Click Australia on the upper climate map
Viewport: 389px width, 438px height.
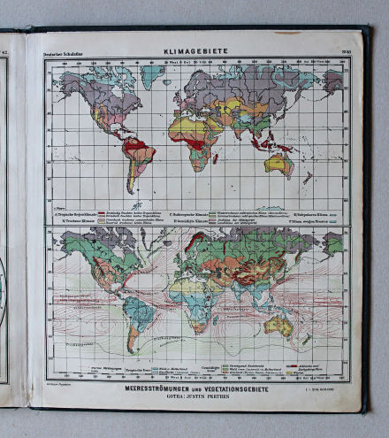(x=280, y=163)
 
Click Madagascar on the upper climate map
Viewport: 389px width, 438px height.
(x=222, y=163)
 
